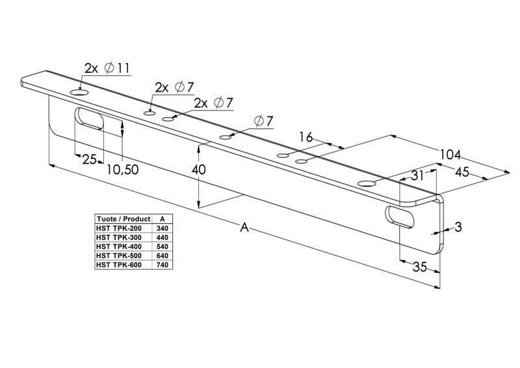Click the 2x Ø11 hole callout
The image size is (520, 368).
pos(108,67)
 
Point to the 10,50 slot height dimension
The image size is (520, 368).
pos(123,169)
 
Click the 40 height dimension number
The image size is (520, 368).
pos(198,170)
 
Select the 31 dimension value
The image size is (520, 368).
pos(417,176)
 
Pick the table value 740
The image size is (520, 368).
pos(162,265)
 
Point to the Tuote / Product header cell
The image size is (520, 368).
pos(122,219)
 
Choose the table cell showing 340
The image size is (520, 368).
pos(162,228)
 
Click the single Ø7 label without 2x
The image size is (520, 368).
pos(264,121)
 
